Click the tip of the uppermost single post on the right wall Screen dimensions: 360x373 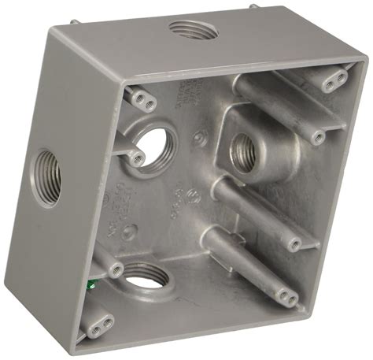click(x=316, y=137)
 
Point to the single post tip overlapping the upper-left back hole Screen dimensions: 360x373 click(x=136, y=159)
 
